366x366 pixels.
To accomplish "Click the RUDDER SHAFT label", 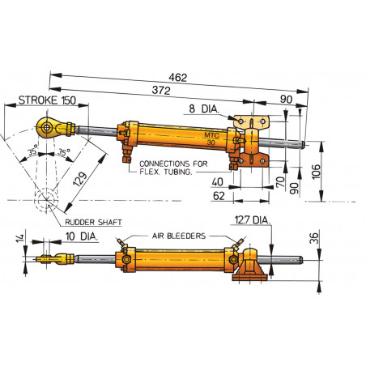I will coord(88,220).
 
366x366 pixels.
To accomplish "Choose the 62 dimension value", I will coord(219,196).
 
